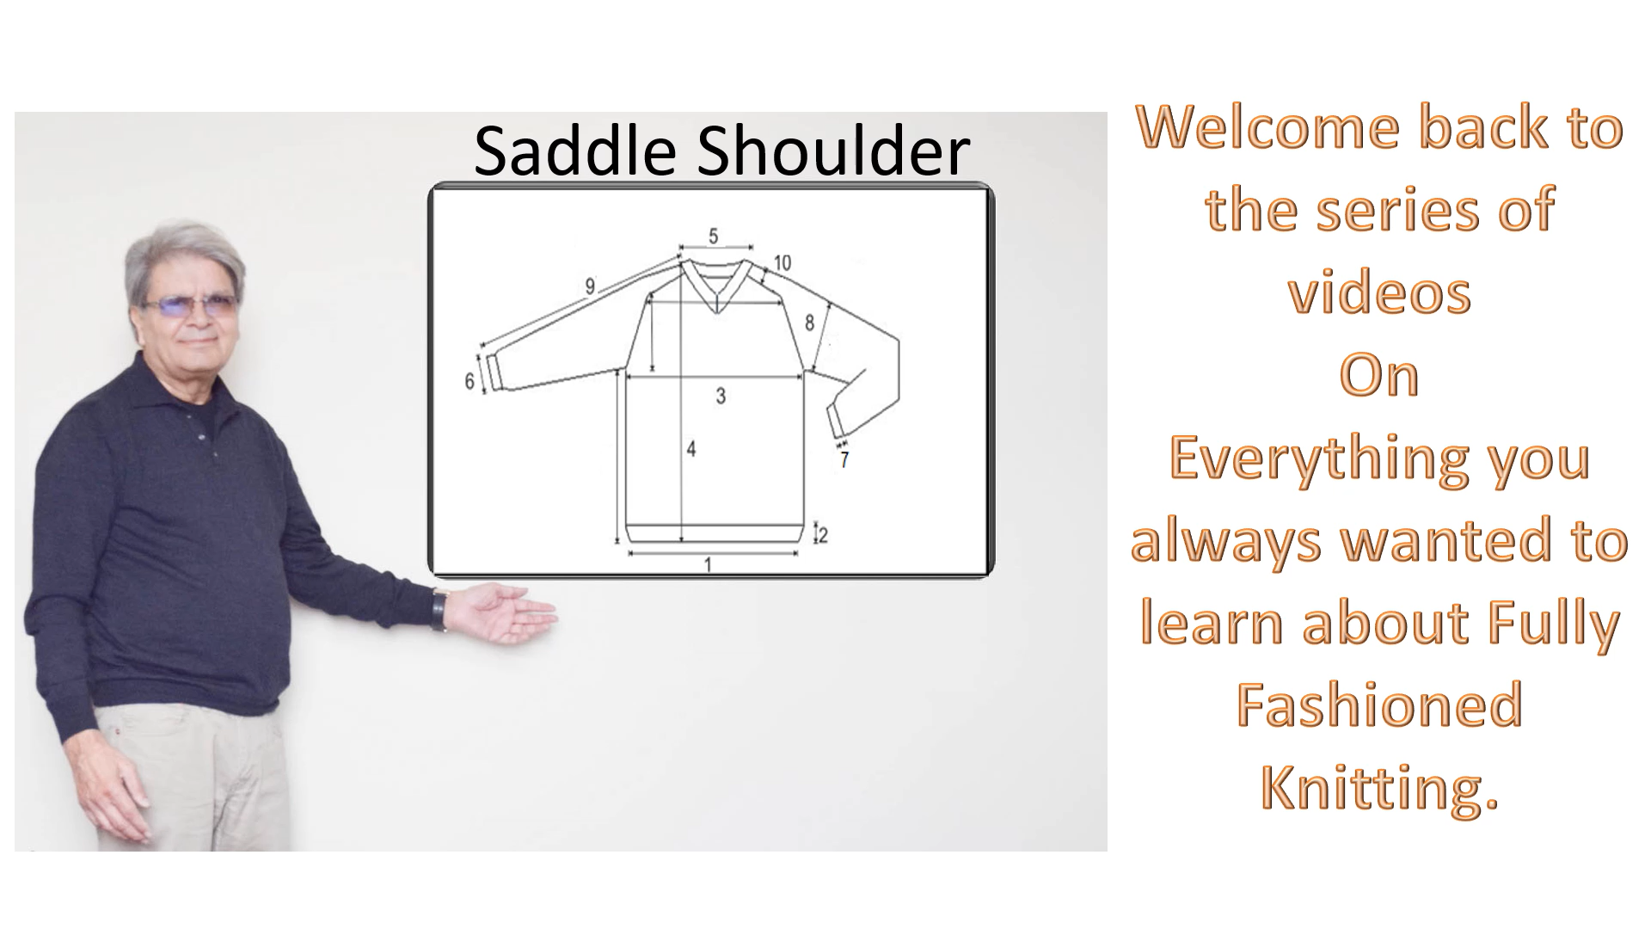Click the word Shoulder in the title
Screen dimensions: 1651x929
pyautogui.click(x=833, y=151)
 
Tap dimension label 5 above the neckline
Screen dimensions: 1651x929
pyautogui.click(x=714, y=236)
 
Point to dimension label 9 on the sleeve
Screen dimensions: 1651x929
pyautogui.click(x=590, y=286)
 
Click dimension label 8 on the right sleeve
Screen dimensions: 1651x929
pyautogui.click(x=809, y=323)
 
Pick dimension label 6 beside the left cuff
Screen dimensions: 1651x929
pyautogui.click(x=470, y=381)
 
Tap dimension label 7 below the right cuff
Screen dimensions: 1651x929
pyautogui.click(x=844, y=461)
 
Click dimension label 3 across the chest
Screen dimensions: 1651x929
pyautogui.click(x=721, y=396)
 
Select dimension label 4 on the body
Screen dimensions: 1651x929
pyautogui.click(x=690, y=448)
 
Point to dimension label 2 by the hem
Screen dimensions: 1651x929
pyautogui.click(x=823, y=535)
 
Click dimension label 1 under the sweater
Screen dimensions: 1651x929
pyautogui.click(x=708, y=565)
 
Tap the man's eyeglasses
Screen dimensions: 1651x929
pyautogui.click(x=191, y=304)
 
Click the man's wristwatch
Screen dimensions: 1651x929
pyautogui.click(x=439, y=610)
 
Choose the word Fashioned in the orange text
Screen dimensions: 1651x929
pyautogui.click(x=1379, y=704)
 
